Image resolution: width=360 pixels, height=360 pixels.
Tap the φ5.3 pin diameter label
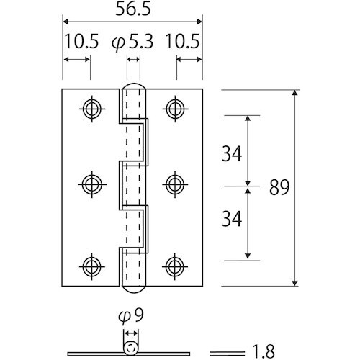tap(132, 42)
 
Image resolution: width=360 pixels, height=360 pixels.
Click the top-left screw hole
tap(91, 108)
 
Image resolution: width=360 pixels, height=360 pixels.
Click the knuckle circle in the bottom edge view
tap(130, 349)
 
